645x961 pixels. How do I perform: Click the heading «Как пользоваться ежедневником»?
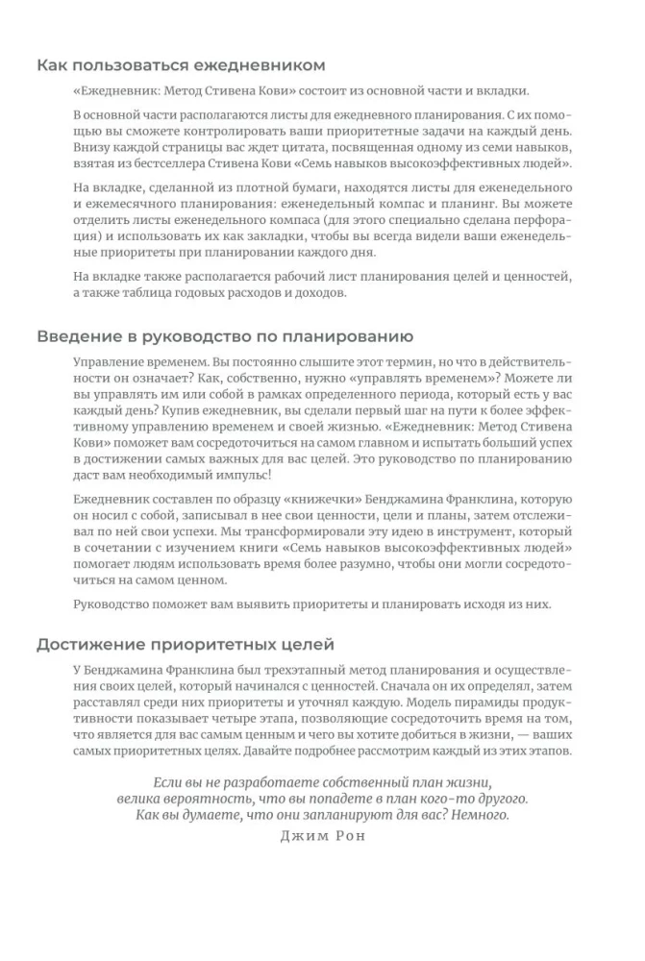[181, 65]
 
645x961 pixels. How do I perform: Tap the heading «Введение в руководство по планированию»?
[225, 337]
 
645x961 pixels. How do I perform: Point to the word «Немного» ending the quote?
[479, 814]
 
